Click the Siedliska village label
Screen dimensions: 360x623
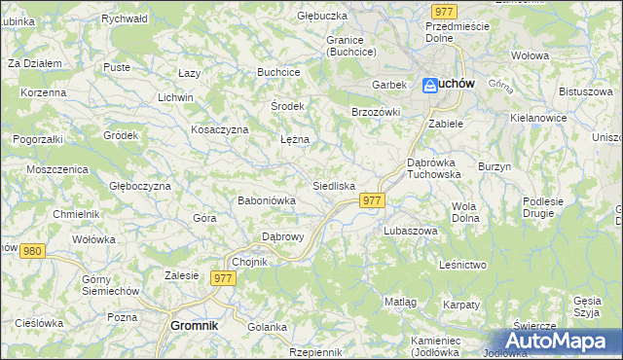pyautogui.click(x=334, y=185)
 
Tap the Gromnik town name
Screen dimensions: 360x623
pyautogui.click(x=194, y=326)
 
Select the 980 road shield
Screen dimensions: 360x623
pyautogui.click(x=32, y=251)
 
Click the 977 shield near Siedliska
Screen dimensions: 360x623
pyautogui.click(x=373, y=199)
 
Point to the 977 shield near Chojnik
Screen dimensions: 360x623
pyautogui.click(x=224, y=278)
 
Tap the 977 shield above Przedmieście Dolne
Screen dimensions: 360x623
pyautogui.click(x=445, y=11)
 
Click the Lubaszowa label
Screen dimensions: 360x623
pyautogui.click(x=410, y=232)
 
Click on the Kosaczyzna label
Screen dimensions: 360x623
pyautogui.click(x=220, y=129)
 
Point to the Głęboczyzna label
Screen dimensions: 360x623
pyautogui.click(x=140, y=186)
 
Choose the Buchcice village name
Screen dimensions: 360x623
pyautogui.click(x=278, y=72)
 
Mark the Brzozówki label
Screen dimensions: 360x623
pyautogui.click(x=376, y=112)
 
